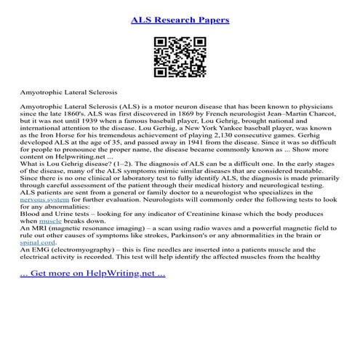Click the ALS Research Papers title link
tap(180, 20)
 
